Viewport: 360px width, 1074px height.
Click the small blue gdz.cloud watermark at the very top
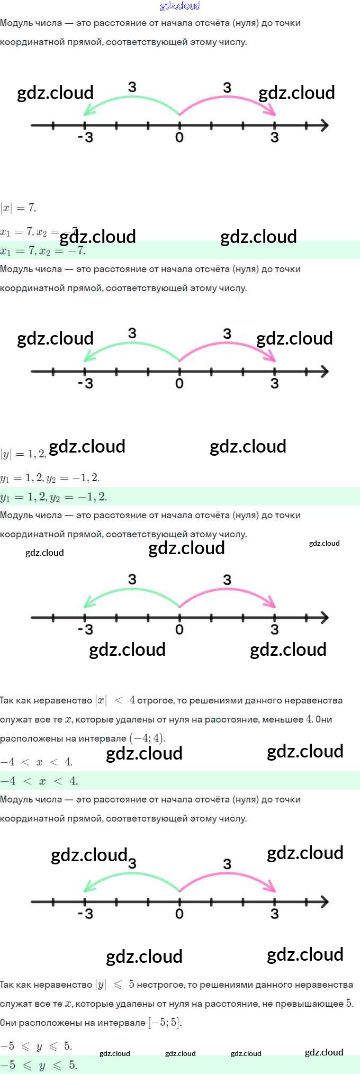pyautogui.click(x=180, y=6)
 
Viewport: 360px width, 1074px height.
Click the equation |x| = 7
pyautogui.click(x=18, y=207)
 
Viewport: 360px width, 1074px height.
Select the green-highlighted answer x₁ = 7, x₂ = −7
pyautogui.click(x=42, y=250)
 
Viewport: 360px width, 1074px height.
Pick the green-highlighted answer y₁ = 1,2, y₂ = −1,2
pyautogui.click(x=53, y=497)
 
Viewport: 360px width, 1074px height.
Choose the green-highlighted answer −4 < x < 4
pyautogui.click(x=39, y=781)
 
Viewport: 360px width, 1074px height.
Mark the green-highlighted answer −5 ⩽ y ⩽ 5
pyautogui.click(x=39, y=1065)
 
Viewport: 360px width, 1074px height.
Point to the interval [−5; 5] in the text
pyautogui.click(x=165, y=1022)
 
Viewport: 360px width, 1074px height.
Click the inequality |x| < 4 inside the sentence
pyautogui.click(x=115, y=700)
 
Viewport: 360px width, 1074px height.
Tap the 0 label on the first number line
pyautogui.click(x=179, y=138)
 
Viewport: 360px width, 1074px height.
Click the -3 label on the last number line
pyautogui.click(x=85, y=914)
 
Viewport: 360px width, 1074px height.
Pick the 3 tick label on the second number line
pyautogui.click(x=274, y=383)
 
